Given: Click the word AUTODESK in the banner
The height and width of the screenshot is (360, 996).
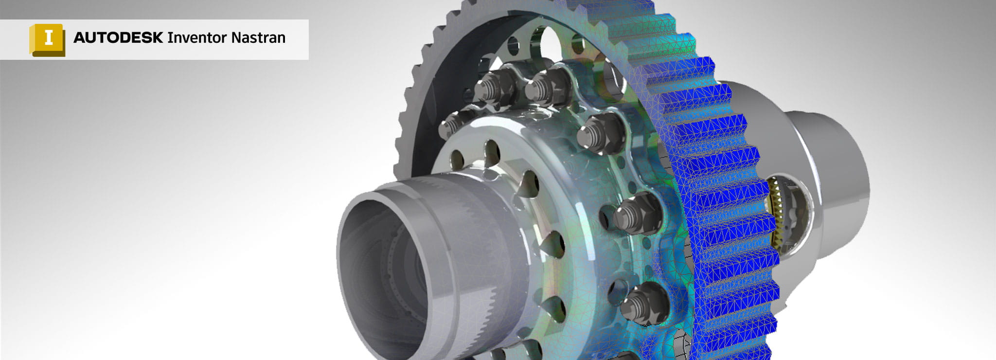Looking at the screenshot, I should pos(118,38).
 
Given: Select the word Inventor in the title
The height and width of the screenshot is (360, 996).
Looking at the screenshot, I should pos(197,38).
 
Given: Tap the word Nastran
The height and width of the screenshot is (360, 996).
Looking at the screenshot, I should pos(258,38).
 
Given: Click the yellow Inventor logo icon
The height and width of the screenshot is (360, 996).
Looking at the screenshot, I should pos(47,39).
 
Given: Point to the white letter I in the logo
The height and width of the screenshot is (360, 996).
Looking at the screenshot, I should pos(49,37).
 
